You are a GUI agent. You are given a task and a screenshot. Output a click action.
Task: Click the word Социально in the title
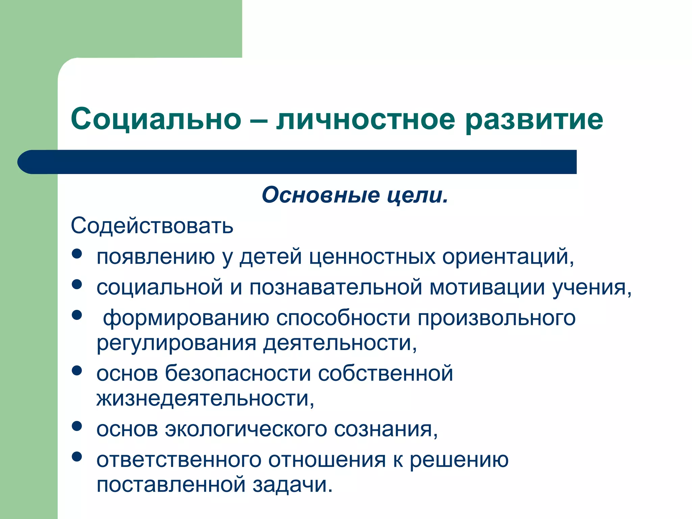[156, 119]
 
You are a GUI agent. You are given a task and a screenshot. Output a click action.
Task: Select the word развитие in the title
[534, 120]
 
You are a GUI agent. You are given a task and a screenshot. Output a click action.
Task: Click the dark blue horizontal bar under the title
[297, 162]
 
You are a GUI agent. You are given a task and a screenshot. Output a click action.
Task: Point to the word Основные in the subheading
[320, 195]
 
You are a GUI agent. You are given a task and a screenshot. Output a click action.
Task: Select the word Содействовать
[152, 226]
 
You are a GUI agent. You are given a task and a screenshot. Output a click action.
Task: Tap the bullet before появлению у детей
[77, 254]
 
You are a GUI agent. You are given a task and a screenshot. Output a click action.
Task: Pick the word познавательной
[336, 287]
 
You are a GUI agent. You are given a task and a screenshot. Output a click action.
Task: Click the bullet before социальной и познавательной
[77, 284]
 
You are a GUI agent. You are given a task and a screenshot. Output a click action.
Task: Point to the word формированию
[186, 318]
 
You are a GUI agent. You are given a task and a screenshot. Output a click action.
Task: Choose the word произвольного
[496, 318]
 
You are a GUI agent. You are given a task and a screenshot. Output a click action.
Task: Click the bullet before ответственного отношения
[77, 457]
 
